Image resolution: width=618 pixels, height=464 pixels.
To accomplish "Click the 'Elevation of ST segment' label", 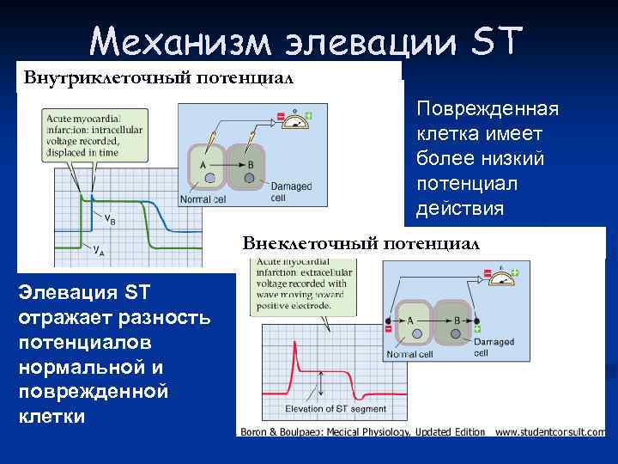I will (x=336, y=409).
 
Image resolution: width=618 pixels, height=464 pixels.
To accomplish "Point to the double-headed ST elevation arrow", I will (x=320, y=385).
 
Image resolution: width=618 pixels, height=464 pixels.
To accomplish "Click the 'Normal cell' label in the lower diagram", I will (x=409, y=353).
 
